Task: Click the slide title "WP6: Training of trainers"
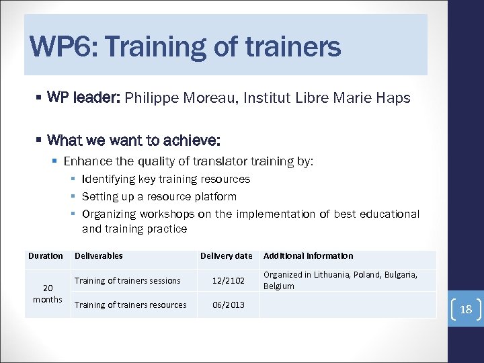coord(186,47)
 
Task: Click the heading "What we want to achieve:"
coord(134,140)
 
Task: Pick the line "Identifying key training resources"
coord(165,179)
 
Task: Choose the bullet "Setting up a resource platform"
coord(159,196)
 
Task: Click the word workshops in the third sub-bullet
coord(167,214)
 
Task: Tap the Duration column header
coord(46,255)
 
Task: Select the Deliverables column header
coord(99,255)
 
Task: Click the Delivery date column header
coord(227,255)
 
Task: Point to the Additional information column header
coord(308,255)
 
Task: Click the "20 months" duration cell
coord(47,293)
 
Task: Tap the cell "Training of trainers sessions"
coord(128,280)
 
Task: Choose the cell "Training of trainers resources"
coord(130,305)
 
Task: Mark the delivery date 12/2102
coord(229,280)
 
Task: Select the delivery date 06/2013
coord(229,305)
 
